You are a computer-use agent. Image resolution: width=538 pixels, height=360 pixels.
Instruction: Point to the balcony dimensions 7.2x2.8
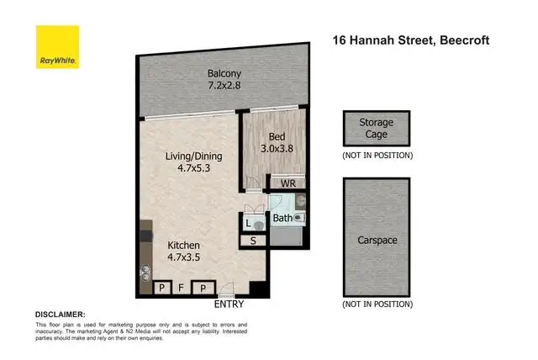(x=225, y=84)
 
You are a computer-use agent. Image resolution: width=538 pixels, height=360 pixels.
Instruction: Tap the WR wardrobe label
(x=286, y=183)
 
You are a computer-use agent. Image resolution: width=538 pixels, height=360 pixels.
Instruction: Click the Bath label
(x=282, y=219)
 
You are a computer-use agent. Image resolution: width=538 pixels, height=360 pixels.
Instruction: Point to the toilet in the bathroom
(x=300, y=217)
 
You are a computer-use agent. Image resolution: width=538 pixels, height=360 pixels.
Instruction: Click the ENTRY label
(x=229, y=304)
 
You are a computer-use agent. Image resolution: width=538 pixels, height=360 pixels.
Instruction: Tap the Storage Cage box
(x=376, y=129)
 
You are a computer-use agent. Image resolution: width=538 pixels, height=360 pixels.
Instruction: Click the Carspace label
(x=376, y=240)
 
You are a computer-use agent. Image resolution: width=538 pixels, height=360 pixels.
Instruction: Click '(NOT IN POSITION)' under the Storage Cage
(x=376, y=156)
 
